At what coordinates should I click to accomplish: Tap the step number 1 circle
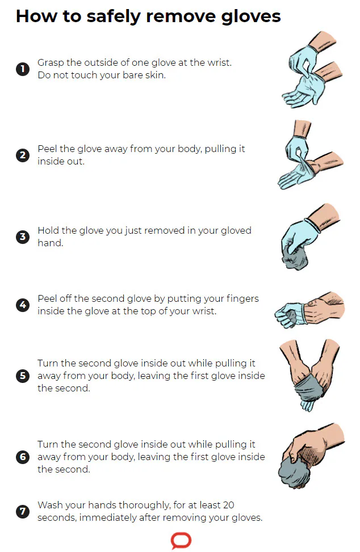[x=23, y=69]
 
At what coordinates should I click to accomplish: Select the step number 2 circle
[x=23, y=155]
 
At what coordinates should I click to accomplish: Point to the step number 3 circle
[x=23, y=237]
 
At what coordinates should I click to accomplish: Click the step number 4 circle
[x=23, y=305]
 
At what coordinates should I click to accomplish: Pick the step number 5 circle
[x=23, y=376]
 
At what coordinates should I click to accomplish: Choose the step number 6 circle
[x=23, y=457]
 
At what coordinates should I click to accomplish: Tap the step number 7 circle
[x=23, y=511]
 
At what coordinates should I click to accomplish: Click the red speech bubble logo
[x=181, y=541]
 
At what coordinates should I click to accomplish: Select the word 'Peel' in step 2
[x=48, y=149]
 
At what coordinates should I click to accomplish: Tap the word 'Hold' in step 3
[x=48, y=230]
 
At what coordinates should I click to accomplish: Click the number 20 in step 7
[x=228, y=505]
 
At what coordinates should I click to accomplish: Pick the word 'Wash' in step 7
[x=49, y=505]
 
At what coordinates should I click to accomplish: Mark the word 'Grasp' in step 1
[x=51, y=63]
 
